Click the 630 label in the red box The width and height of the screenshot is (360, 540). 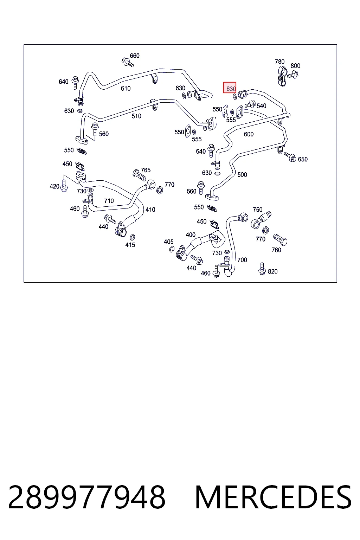[231, 89]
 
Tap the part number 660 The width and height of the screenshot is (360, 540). [135, 56]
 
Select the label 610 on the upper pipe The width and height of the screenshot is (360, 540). [126, 89]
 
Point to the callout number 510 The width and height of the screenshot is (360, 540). [136, 116]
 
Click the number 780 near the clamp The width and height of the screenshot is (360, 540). [280, 62]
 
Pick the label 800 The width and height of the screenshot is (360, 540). [295, 66]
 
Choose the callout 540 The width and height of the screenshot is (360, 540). [261, 106]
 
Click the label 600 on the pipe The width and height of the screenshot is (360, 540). [249, 134]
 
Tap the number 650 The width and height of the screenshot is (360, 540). [303, 159]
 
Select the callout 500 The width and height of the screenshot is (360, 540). [242, 174]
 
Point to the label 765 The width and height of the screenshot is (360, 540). [146, 170]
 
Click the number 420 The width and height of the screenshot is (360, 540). [54, 186]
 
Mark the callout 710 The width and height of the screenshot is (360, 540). [109, 201]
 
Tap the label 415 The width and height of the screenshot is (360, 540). [130, 245]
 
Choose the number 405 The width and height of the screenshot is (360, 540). [168, 242]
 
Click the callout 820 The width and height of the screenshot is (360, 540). [272, 271]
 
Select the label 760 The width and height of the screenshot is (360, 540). [276, 250]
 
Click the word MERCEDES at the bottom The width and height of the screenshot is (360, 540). [273, 497]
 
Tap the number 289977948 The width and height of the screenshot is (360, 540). [87, 497]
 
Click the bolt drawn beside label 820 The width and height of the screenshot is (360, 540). [262, 269]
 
